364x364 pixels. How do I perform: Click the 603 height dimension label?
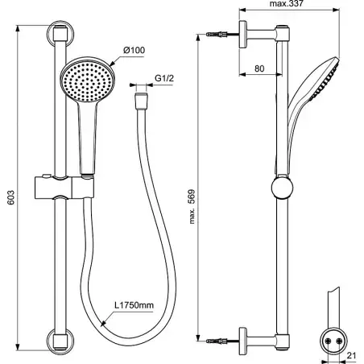pyautogui.click(x=11, y=197)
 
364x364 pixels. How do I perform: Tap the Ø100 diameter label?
pyautogui.click(x=134, y=50)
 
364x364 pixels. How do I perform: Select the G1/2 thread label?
pyautogui.click(x=164, y=78)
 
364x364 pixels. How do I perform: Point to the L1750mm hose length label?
pyautogui.click(x=134, y=305)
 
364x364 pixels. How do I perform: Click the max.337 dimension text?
pyautogui.click(x=287, y=3)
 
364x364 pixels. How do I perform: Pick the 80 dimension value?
pyautogui.click(x=259, y=68)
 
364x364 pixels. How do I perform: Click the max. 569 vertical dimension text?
pyautogui.click(x=192, y=207)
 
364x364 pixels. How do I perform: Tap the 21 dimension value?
pyautogui.click(x=351, y=356)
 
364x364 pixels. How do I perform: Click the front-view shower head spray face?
pyautogui.click(x=88, y=81)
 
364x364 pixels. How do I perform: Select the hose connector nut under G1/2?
pyautogui.click(x=141, y=101)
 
